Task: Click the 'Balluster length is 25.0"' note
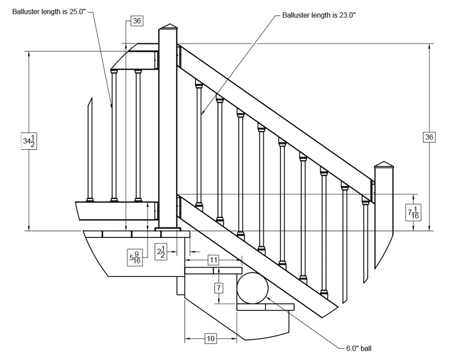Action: (x=49, y=12)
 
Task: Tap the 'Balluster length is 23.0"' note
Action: (x=319, y=15)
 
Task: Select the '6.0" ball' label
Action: (x=359, y=348)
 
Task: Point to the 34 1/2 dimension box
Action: (x=29, y=141)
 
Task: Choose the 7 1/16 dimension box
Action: (x=413, y=212)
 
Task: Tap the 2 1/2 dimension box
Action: (x=161, y=253)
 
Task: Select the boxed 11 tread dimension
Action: (x=214, y=260)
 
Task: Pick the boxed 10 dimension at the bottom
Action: (x=210, y=338)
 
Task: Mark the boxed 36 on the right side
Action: (x=429, y=137)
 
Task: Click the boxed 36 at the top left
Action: (x=137, y=21)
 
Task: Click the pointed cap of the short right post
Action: (x=384, y=164)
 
